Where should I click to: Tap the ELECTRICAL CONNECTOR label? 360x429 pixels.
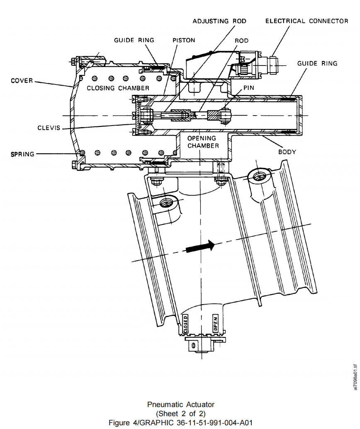coord(306,21)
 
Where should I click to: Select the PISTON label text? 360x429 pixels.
coord(184,40)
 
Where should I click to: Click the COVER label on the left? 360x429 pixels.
coord(22,80)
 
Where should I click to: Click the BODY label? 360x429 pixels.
coord(287,152)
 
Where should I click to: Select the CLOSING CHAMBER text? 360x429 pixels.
coord(118,88)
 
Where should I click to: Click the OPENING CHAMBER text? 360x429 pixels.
coord(202,142)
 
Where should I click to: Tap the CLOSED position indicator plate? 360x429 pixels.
coord(185,324)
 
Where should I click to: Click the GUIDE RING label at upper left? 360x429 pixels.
coord(134,40)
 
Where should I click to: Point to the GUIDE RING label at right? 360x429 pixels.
coord(317,63)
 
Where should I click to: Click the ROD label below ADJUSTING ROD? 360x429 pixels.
coord(241,40)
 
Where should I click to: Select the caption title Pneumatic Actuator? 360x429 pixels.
coord(180,404)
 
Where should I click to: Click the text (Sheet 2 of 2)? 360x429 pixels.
coord(180,413)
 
